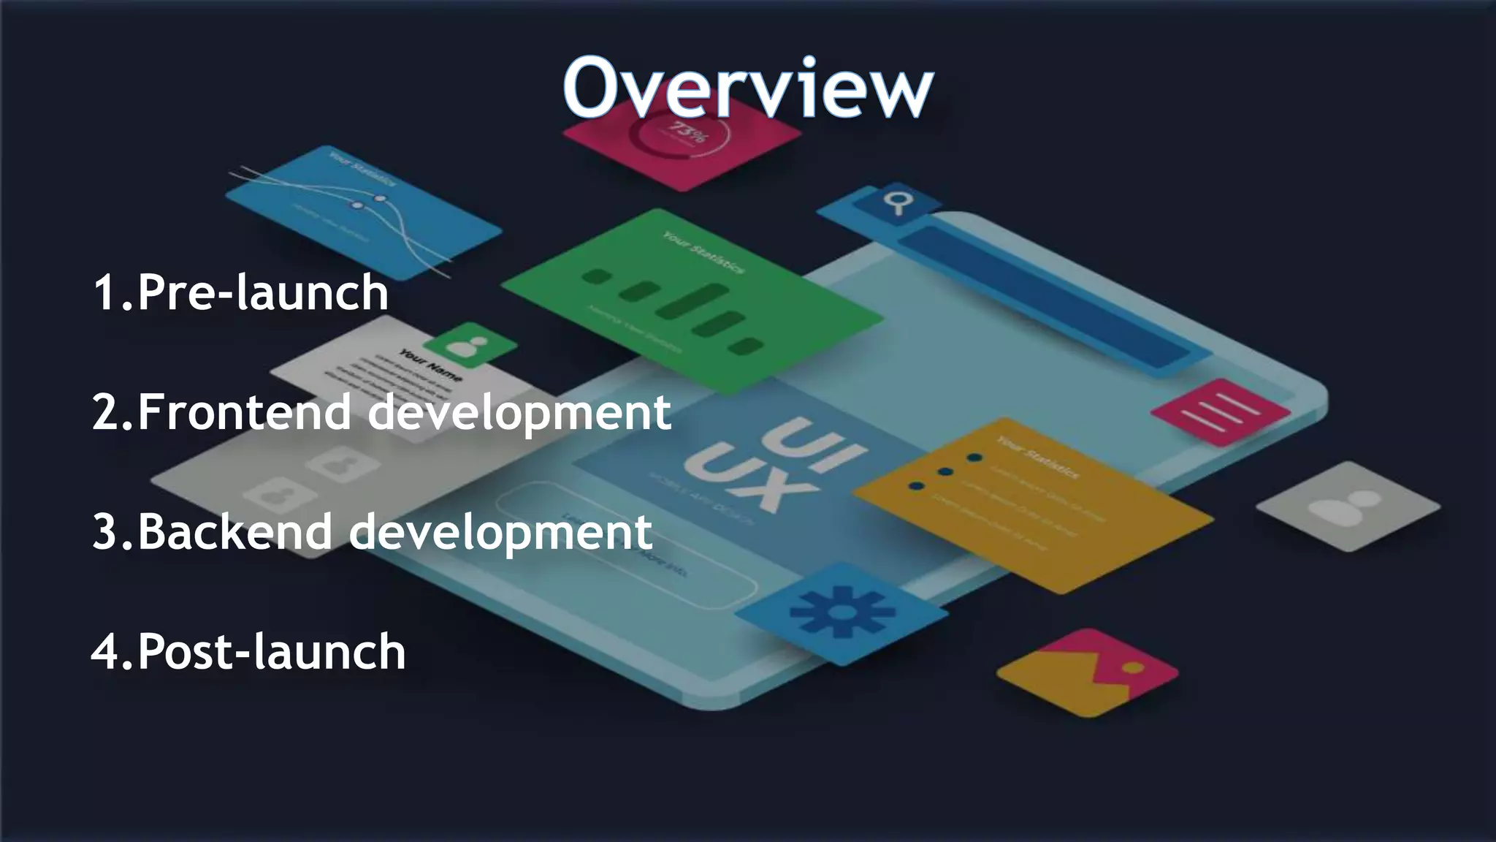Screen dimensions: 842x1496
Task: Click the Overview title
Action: [747, 88]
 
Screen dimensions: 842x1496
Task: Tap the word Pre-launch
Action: [262, 292]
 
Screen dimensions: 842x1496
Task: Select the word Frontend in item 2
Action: [245, 411]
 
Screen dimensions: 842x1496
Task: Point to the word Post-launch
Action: [271, 651]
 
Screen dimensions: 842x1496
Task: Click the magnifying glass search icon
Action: [896, 201]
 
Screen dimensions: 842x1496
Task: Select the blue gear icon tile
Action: [841, 612]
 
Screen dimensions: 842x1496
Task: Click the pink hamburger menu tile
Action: [1220, 412]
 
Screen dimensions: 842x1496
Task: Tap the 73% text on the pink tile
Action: [687, 134]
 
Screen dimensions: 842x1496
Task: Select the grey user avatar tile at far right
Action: [1348, 506]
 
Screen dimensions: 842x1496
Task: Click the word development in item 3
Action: [500, 531]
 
